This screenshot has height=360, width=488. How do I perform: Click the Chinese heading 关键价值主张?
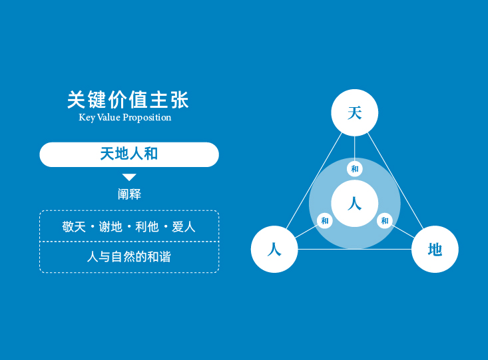point(128,100)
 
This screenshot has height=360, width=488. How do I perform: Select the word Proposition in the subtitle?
point(147,118)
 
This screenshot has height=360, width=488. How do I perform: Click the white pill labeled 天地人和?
point(129,154)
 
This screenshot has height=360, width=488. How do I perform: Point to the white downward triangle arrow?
point(129,177)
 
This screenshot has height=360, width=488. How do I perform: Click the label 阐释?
point(129,194)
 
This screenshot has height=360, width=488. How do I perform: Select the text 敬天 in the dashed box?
point(74,226)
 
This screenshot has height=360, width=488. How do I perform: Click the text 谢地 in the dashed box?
point(111,226)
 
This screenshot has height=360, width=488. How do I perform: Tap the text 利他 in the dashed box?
point(147,226)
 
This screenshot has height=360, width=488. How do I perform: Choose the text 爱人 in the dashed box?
point(184,226)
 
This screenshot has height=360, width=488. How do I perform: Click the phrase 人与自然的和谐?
point(129,257)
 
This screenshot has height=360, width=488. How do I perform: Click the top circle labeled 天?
point(354,112)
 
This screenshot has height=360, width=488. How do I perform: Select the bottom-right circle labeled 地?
point(435,250)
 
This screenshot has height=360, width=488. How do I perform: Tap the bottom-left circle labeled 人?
point(274,250)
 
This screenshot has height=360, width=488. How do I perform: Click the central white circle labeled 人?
point(354,204)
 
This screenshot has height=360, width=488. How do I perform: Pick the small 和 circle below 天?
point(354,169)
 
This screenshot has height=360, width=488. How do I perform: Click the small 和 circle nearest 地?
point(385,221)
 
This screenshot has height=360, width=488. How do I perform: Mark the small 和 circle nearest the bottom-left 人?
point(325,221)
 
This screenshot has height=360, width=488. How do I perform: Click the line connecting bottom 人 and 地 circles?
point(354,249)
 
